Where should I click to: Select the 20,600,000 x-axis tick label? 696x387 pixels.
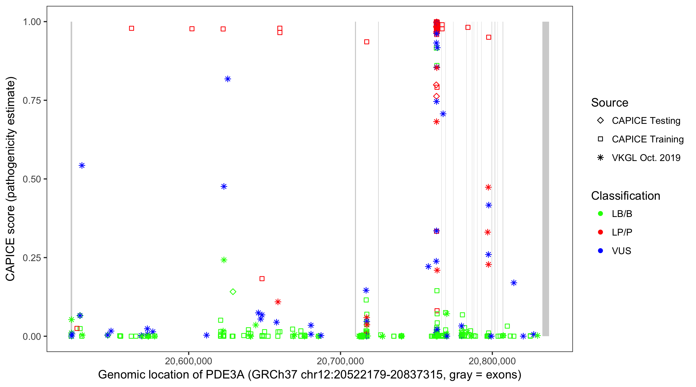[188, 361]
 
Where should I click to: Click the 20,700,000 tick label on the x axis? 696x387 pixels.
[340, 361]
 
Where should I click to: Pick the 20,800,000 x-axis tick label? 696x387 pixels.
[492, 361]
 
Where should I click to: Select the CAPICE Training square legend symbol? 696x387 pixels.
[600, 139]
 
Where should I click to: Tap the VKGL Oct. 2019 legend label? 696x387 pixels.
[646, 158]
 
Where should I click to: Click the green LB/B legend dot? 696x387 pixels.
[600, 214]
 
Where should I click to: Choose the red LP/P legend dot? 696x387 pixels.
[600, 232]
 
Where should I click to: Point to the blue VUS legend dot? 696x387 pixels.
[600, 251]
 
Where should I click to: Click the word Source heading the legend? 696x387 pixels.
[610, 103]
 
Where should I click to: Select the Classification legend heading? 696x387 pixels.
[625, 196]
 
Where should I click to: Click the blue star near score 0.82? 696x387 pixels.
[228, 79]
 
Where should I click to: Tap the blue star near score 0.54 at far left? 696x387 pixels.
[82, 166]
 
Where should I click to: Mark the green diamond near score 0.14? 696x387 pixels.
[233, 292]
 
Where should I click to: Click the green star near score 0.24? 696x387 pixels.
[224, 260]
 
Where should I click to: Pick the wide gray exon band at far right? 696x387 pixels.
[545, 179]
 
